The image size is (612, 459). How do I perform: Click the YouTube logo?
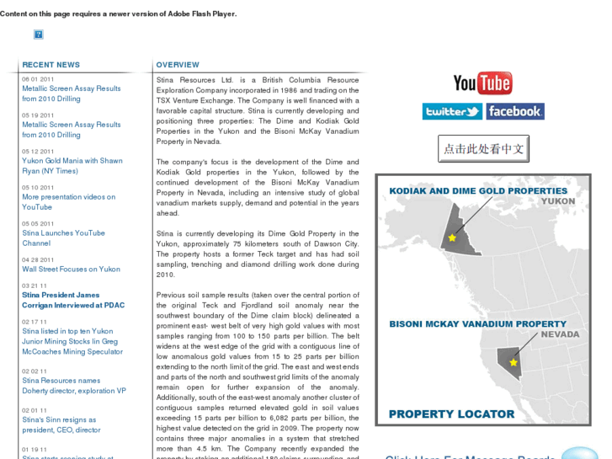(482, 83)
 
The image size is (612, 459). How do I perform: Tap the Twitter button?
(452, 111)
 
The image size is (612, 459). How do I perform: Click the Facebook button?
(514, 111)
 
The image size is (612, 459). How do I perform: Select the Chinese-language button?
(483, 149)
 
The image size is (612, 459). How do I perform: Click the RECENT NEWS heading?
(51, 65)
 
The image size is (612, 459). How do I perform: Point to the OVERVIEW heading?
(178, 65)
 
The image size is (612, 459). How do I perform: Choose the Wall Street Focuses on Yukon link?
(71, 270)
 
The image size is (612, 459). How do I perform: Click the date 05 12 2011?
(38, 152)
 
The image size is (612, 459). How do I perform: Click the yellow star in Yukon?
(452, 238)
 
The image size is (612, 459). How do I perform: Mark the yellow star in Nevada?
(514, 362)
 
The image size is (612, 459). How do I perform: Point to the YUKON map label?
(557, 202)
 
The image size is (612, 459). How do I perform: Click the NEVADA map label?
(560, 334)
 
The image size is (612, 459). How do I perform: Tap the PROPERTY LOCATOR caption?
(451, 414)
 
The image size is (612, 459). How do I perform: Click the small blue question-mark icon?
(39, 35)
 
